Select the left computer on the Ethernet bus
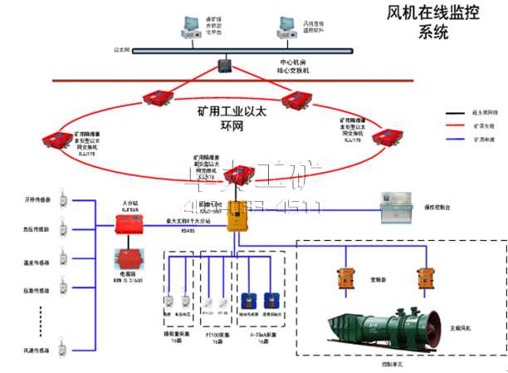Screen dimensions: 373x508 click(x=191, y=27)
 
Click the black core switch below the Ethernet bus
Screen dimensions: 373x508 click(x=224, y=64)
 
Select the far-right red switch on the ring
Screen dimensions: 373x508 click(x=383, y=135)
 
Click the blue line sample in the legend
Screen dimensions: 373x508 click(x=454, y=140)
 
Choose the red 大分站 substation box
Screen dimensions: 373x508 click(x=129, y=221)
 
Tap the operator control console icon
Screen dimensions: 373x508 click(x=399, y=206)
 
